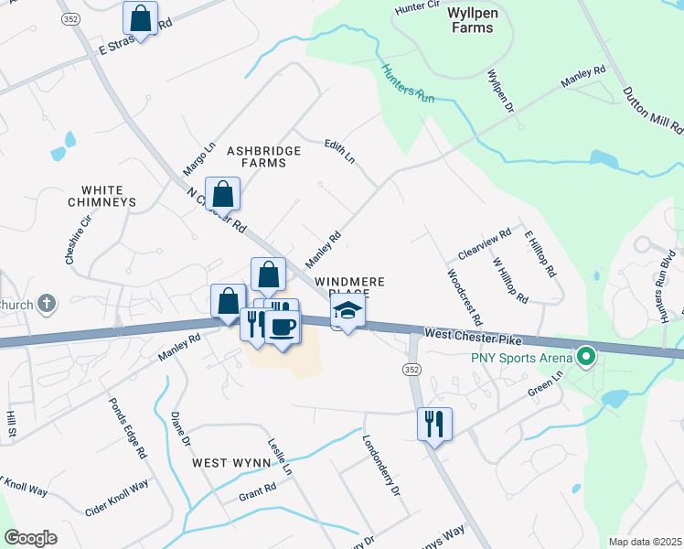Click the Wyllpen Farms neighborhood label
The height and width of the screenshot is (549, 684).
[472, 21]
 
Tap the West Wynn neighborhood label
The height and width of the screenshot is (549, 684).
[229, 464]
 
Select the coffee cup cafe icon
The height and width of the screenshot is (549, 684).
[283, 328]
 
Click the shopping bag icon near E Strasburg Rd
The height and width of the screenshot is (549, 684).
[141, 17]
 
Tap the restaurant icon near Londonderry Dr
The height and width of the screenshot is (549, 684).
[434, 424]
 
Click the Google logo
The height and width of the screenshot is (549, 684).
[30, 537]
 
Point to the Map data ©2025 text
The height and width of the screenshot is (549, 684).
[645, 542]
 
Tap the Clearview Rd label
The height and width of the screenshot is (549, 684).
[485, 243]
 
